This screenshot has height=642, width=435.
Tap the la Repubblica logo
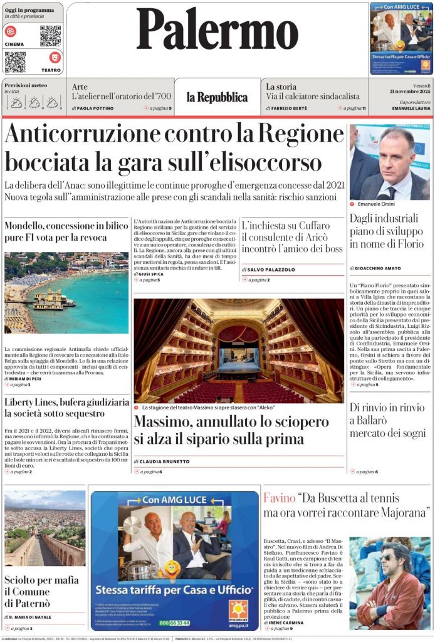point(217,97)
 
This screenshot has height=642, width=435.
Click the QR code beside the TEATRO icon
point(15,61)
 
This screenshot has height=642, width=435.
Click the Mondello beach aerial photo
point(66,293)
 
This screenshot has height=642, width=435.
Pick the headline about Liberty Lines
point(66,407)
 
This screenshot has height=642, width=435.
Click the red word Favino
point(278,499)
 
